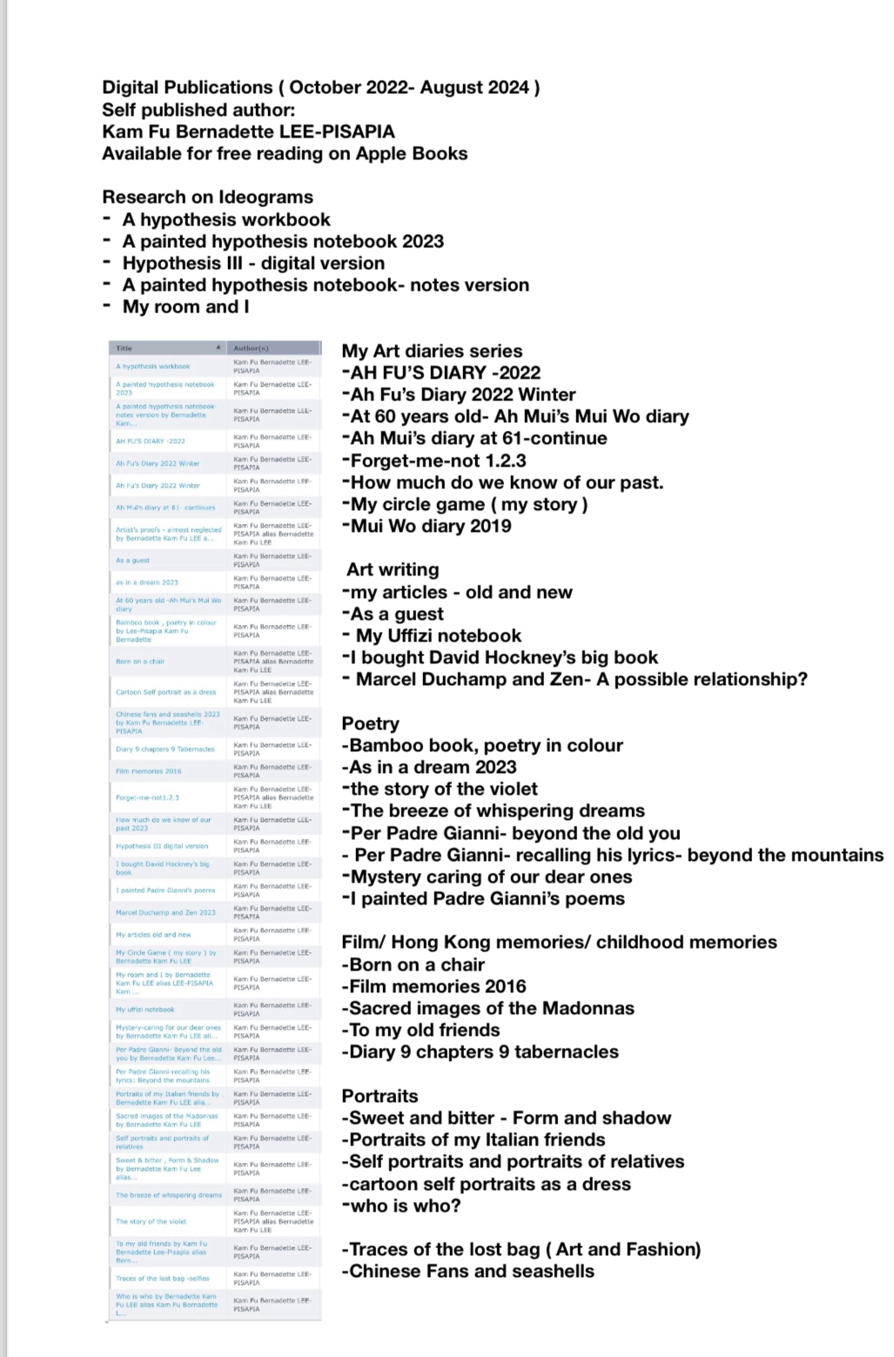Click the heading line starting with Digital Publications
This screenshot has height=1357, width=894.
pyautogui.click(x=320, y=87)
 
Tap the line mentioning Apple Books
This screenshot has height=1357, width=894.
pyautogui.click(x=285, y=153)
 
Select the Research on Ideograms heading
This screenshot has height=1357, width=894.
pyautogui.click(x=207, y=197)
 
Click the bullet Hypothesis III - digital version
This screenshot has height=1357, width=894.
pyautogui.click(x=252, y=263)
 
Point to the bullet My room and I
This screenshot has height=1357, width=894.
pyautogui.click(x=185, y=306)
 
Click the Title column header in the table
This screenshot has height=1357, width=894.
pyautogui.click(x=124, y=348)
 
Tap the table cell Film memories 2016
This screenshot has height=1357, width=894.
pyautogui.click(x=149, y=771)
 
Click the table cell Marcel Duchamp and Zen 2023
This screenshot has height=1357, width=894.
pyautogui.click(x=165, y=912)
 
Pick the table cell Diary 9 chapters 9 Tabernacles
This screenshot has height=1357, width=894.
pyautogui.click(x=165, y=749)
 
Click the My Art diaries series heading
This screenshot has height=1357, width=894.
pyautogui.click(x=432, y=351)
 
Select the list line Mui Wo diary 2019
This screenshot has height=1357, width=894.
pyautogui.click(x=427, y=526)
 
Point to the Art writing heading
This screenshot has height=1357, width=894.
pyautogui.click(x=393, y=569)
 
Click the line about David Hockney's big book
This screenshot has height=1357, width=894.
pyautogui.click(x=500, y=657)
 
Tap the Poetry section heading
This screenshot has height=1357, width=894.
pyautogui.click(x=370, y=723)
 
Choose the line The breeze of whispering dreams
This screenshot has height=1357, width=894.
pyautogui.click(x=493, y=810)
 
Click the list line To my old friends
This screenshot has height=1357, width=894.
pyautogui.click(x=420, y=1030)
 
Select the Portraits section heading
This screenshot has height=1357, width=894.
pyautogui.click(x=380, y=1096)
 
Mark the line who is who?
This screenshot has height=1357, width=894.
pyautogui.click(x=401, y=1206)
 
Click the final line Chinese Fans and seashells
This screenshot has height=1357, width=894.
pyautogui.click(x=467, y=1271)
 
